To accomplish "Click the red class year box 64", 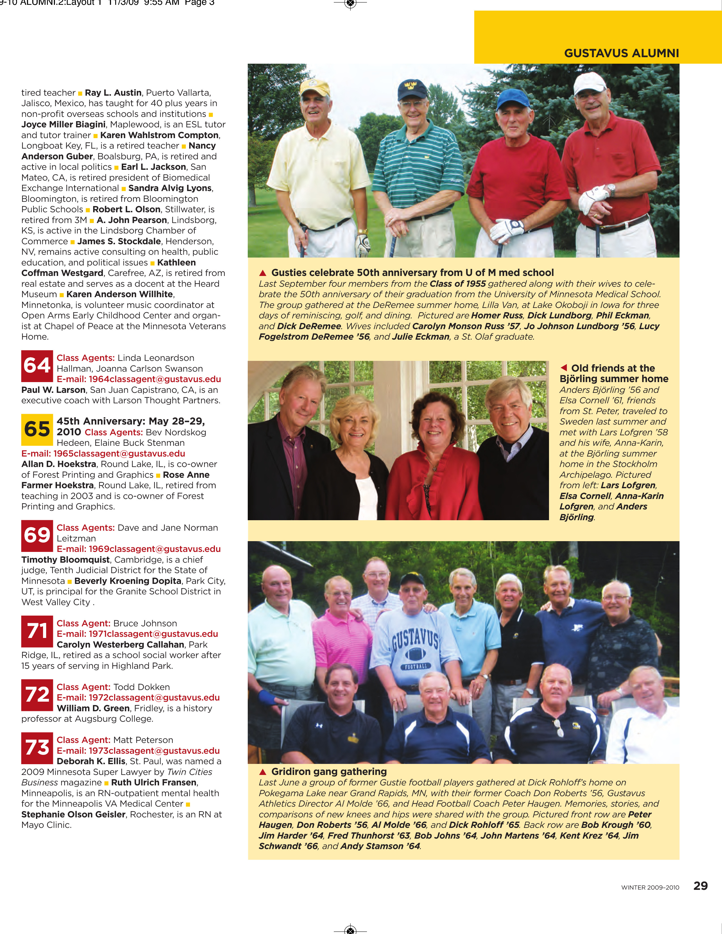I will tap(37, 366).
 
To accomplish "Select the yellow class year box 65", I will tap(37, 429).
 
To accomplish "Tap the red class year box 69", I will tap(37, 535).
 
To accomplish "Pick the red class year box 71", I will tap(37, 631).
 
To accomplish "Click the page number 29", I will tap(700, 886).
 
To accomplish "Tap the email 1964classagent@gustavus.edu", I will tap(138, 379).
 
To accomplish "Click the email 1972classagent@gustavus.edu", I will tap(138, 697).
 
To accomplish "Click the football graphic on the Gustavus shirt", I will tap(415, 654).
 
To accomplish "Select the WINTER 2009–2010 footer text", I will tap(650, 887).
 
